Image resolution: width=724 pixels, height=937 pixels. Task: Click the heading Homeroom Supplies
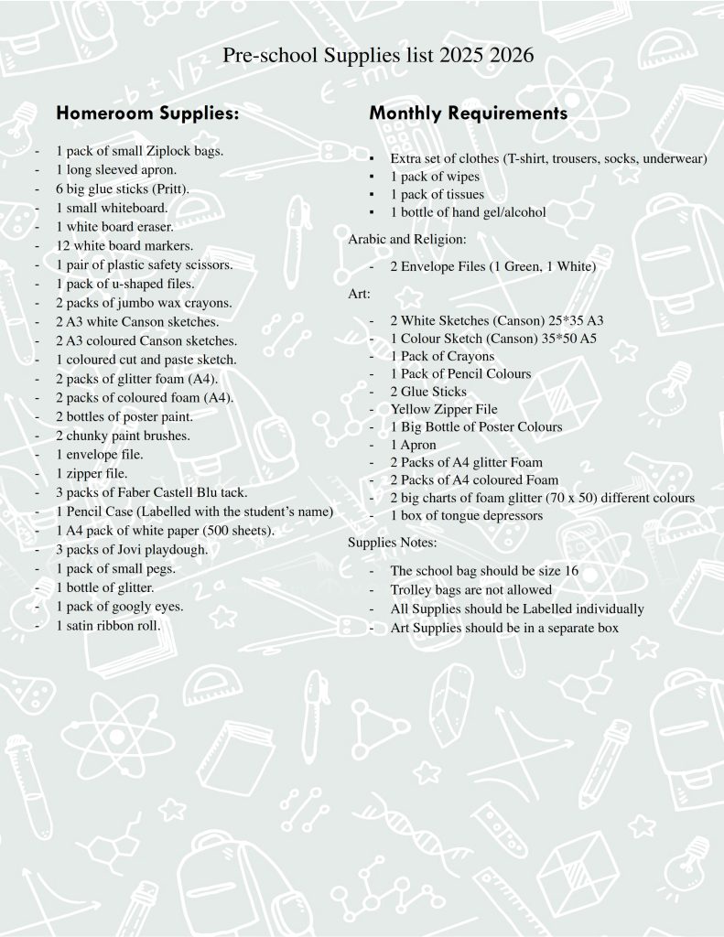[x=147, y=114]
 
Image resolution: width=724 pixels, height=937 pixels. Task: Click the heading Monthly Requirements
[x=468, y=113]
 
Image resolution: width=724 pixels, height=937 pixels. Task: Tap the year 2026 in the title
[x=512, y=57]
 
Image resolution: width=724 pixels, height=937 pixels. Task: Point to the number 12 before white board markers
[x=62, y=245]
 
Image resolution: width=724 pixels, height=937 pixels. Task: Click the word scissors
[x=208, y=264]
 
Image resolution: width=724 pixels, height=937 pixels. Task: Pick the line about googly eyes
[x=119, y=607]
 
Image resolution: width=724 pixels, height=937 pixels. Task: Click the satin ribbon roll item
[x=108, y=626]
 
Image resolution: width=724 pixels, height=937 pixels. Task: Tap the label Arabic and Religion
[x=407, y=239]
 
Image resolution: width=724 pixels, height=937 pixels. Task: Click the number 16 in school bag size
[x=570, y=570]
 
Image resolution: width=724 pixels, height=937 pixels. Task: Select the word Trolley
[x=411, y=590]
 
